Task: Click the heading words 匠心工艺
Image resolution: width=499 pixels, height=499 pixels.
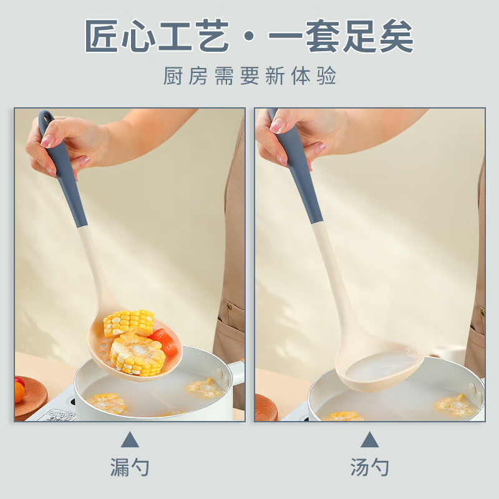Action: click(157, 37)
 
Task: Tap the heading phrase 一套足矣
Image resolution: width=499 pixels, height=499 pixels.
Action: click(341, 37)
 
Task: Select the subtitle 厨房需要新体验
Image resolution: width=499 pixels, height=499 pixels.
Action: click(249, 76)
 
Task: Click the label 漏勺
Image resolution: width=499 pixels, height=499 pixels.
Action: click(130, 467)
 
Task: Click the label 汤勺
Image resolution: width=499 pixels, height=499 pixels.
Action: click(369, 467)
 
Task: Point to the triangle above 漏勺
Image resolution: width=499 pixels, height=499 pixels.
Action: click(130, 440)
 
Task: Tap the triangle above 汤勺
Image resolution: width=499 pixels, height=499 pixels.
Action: click(369, 440)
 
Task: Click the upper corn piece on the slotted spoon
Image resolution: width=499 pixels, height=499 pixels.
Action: click(128, 322)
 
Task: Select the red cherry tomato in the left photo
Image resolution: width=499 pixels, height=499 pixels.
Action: click(19, 381)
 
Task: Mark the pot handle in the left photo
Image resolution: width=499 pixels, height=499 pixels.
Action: click(236, 372)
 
